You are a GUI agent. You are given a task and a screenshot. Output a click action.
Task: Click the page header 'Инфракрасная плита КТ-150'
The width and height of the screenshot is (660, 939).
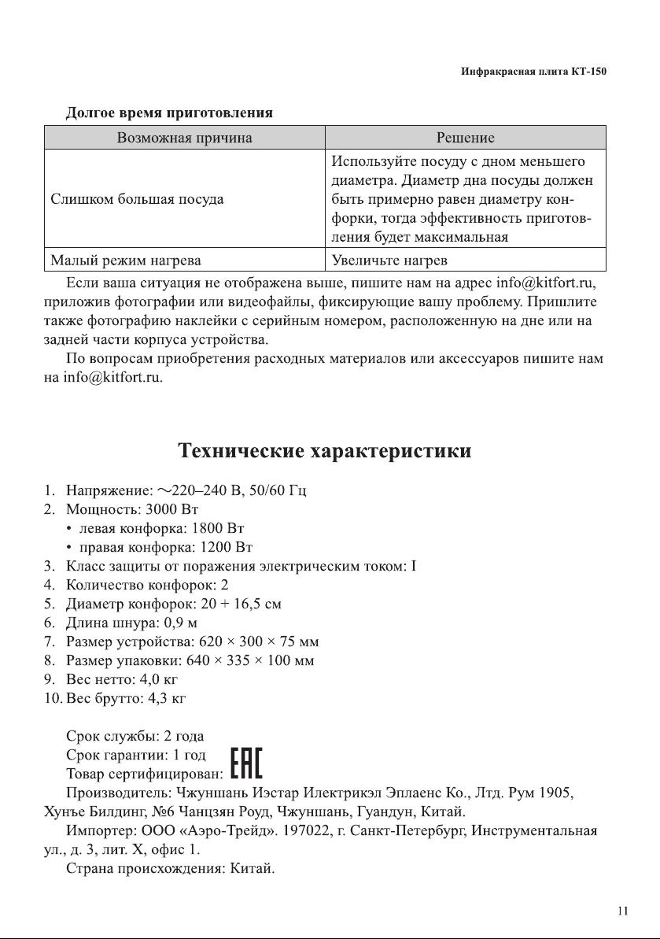click(533, 72)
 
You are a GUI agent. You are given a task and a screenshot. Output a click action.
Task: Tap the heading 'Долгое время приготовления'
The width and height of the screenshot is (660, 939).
click(169, 113)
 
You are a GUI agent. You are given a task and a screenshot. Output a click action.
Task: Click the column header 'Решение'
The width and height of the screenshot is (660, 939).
click(465, 138)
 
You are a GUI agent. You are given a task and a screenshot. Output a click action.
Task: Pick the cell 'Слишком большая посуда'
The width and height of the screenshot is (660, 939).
click(137, 199)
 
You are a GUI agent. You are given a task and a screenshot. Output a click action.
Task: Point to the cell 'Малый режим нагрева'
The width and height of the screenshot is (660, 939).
click(125, 260)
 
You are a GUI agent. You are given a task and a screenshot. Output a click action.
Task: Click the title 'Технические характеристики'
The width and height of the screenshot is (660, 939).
click(325, 451)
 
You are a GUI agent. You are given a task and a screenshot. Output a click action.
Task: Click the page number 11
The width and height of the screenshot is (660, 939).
click(622, 911)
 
